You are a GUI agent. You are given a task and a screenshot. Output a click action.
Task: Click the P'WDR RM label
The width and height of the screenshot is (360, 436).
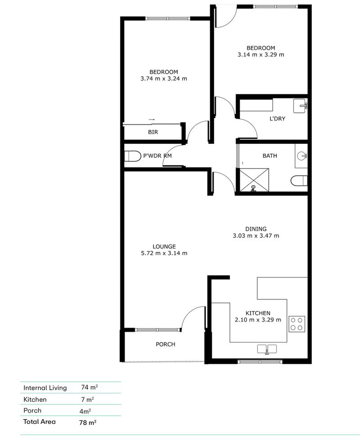point(157,156)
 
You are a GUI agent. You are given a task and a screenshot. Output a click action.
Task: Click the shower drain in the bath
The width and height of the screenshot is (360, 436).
point(253,188)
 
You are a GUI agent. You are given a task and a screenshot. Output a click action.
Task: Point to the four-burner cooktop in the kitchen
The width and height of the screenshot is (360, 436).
point(297,323)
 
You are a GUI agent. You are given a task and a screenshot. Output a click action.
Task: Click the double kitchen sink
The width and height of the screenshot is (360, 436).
point(267,349)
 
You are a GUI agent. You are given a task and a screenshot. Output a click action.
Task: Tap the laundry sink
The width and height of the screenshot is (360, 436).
point(300,107)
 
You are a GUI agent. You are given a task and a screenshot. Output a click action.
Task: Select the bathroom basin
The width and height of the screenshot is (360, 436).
point(302,156)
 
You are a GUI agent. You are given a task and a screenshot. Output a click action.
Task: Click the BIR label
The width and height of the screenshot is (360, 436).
point(153,132)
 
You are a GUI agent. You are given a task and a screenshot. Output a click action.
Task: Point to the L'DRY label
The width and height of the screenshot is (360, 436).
point(277,119)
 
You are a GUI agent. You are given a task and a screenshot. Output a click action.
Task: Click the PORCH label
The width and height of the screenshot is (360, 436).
point(165,344)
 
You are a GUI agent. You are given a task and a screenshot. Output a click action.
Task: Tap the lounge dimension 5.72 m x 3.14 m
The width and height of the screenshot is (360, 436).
point(164,253)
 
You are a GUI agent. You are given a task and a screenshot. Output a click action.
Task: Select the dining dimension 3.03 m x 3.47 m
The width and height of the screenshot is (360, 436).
point(256,236)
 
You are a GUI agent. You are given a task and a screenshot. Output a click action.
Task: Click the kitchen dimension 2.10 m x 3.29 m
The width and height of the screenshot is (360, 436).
point(258,320)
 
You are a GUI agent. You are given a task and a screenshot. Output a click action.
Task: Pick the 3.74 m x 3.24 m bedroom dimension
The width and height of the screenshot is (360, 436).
point(164,79)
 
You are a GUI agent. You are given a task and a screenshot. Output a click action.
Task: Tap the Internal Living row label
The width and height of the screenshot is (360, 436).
point(45,387)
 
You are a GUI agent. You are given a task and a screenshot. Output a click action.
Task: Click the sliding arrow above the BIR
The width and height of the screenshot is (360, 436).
point(152,119)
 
